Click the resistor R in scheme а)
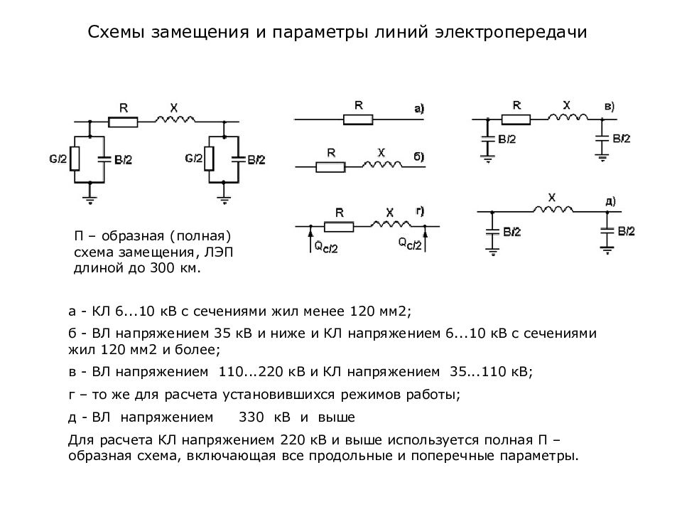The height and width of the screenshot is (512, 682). pyautogui.click(x=358, y=119)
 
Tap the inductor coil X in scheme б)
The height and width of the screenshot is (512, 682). pyautogui.click(x=382, y=164)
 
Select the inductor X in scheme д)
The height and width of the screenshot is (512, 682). pyautogui.click(x=553, y=209)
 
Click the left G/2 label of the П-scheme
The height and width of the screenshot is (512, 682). pyautogui.click(x=58, y=159)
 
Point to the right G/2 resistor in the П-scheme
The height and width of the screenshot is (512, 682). pyautogui.click(x=209, y=159)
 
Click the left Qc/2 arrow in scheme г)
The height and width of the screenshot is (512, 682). pyautogui.click(x=310, y=239)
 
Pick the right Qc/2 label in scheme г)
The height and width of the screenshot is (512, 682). pyautogui.click(x=410, y=243)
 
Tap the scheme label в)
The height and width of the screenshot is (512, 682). pyautogui.click(x=610, y=106)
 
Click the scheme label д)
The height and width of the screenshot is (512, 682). pyautogui.click(x=610, y=201)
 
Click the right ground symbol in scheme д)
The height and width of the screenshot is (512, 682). pyautogui.click(x=607, y=250)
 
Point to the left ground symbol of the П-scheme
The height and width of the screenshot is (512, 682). pyautogui.click(x=90, y=200)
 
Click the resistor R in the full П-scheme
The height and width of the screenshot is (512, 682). pyautogui.click(x=123, y=122)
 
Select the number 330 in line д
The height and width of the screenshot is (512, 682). pyautogui.click(x=251, y=417)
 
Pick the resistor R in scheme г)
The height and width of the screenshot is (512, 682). pyautogui.click(x=339, y=226)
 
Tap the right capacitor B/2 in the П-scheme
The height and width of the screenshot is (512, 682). pyautogui.click(x=239, y=159)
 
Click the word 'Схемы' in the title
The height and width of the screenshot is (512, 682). pyautogui.click(x=116, y=32)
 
